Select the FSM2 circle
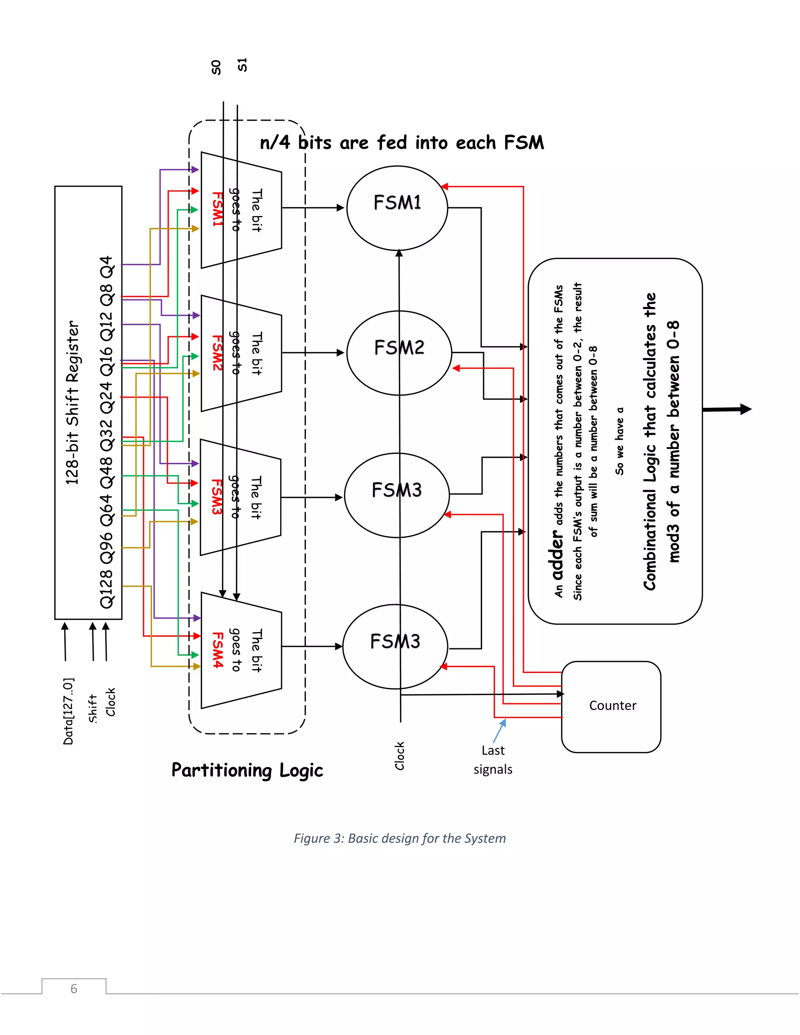point(399,353)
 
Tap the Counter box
point(611,706)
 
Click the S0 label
point(216,67)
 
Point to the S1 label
point(242,64)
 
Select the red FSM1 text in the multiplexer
point(217,209)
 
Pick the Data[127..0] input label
point(68,711)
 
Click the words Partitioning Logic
point(247,771)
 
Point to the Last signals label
point(493,760)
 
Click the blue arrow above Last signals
point(500,730)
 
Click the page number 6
point(73,989)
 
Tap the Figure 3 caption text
point(400,838)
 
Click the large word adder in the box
point(558,555)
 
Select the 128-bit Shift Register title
point(72,403)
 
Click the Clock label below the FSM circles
point(400,756)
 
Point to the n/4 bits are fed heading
point(402,143)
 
